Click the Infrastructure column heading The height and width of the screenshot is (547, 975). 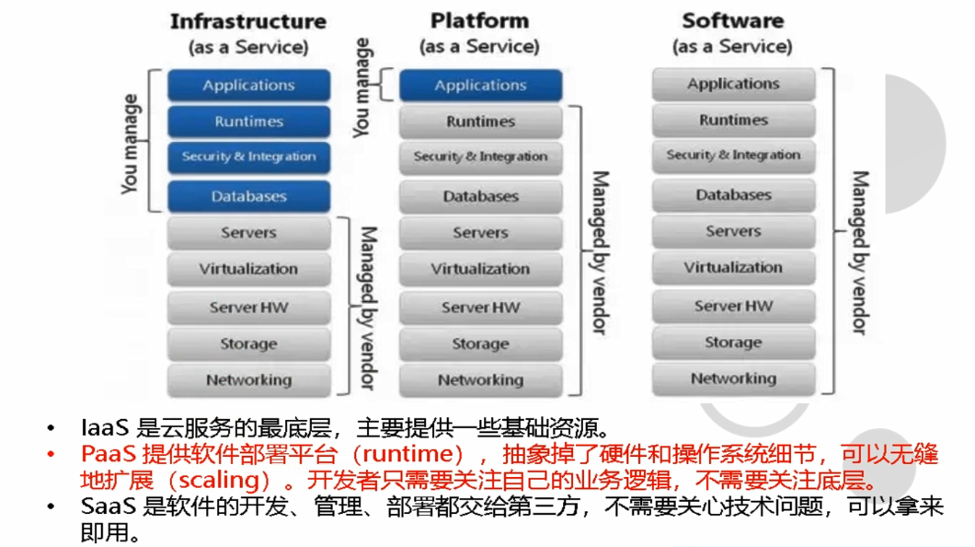[x=248, y=21]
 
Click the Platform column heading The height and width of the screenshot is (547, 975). [x=479, y=20]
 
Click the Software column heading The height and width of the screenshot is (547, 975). [x=732, y=20]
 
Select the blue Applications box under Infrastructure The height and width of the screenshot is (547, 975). [x=248, y=86]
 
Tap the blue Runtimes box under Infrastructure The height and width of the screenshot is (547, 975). [x=248, y=122]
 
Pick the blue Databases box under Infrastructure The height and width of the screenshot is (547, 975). [x=248, y=196]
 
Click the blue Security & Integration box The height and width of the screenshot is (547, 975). [x=248, y=157]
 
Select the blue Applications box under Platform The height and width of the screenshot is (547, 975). [x=480, y=86]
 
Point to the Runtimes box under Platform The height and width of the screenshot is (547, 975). [x=480, y=122]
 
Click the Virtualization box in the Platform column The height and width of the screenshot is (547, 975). [x=480, y=269]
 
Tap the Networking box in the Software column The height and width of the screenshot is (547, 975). [x=733, y=378]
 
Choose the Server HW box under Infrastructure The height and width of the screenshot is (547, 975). [x=248, y=307]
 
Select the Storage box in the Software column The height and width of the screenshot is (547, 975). [x=733, y=343]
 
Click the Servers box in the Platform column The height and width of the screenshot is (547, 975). [x=480, y=233]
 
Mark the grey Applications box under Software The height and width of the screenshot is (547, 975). [x=733, y=85]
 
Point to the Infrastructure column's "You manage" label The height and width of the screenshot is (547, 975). [x=131, y=143]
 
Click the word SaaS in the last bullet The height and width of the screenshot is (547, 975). [x=108, y=507]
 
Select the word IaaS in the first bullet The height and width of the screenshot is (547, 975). [x=106, y=428]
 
